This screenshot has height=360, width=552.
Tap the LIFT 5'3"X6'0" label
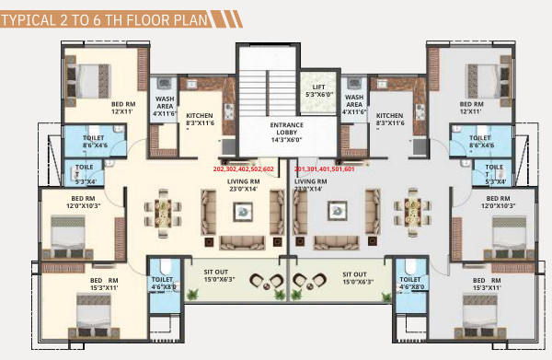click(319, 89)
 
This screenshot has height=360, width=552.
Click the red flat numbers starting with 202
click(244, 169)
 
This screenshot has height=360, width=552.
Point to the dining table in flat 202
click(164, 215)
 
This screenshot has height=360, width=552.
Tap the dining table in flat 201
click(410, 215)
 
